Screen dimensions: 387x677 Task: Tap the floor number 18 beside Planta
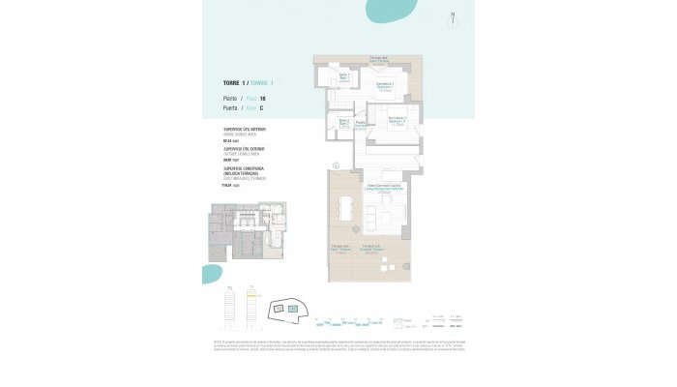pos(262,99)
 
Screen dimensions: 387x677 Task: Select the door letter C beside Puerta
pos(261,108)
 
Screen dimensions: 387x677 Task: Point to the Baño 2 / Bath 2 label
pos(342,122)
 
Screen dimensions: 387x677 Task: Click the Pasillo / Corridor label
pos(361,124)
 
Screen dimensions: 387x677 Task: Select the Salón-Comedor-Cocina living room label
pos(384,190)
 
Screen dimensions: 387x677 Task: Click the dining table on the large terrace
pos(346,209)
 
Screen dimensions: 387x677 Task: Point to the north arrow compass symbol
pos(453,16)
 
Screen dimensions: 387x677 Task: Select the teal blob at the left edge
pos(211,274)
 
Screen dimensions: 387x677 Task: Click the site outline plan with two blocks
pos(288,310)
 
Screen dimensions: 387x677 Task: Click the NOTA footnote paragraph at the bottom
pos(338,345)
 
